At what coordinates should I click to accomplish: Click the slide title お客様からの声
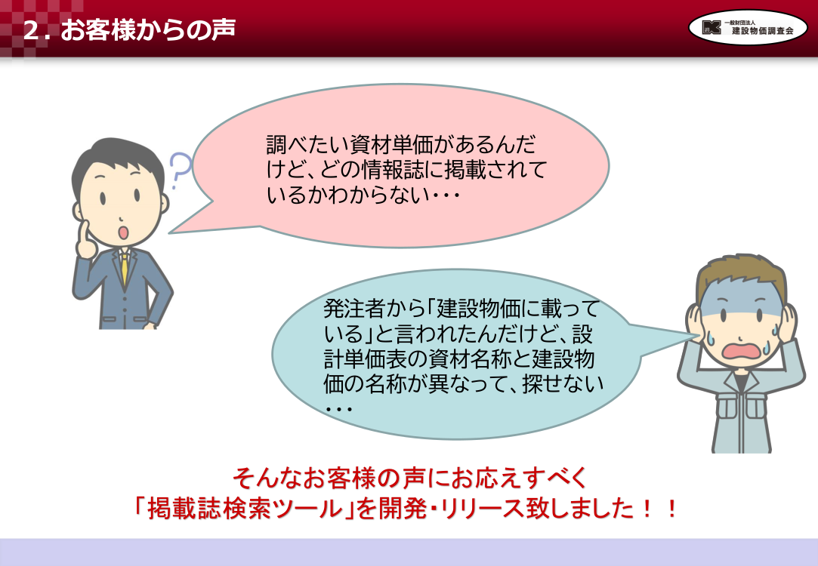click(148, 30)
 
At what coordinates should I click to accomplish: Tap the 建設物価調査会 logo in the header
click(748, 27)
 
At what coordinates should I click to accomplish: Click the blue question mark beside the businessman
click(180, 170)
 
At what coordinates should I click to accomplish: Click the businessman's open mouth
click(123, 232)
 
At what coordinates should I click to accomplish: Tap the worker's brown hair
click(741, 272)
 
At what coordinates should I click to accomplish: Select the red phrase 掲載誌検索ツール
click(245, 508)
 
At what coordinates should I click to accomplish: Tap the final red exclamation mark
click(672, 508)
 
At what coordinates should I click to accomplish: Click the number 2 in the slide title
click(32, 31)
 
